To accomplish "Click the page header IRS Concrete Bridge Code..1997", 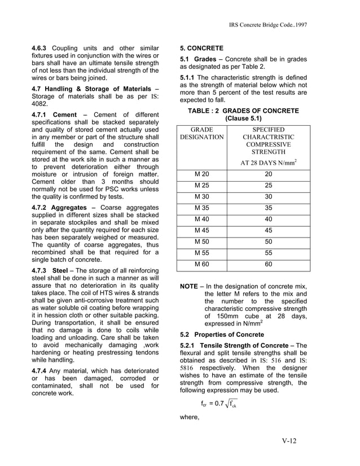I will pyautogui.click(x=268, y=26).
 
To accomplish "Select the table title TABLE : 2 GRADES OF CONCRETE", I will pyautogui.click(x=243, y=111).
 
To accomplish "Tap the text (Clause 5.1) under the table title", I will pyautogui.click(x=243, y=119).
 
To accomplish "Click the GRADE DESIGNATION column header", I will pyautogui.click(x=201, y=133).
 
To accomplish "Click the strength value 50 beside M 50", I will pyautogui.click(x=269, y=241).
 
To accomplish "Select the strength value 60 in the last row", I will pyautogui.click(x=269, y=264).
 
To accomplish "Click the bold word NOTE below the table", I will pyautogui.click(x=188, y=287).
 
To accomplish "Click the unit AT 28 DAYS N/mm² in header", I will pyautogui.click(x=269, y=162).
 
